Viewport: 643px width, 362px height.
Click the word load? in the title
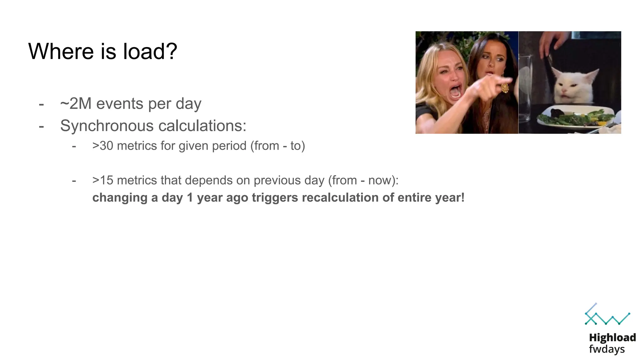(x=150, y=51)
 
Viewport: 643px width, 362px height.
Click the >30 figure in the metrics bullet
(x=103, y=146)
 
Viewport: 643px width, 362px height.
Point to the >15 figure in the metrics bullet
(x=103, y=180)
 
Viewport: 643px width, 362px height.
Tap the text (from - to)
(x=278, y=146)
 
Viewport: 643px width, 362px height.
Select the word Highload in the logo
(x=612, y=337)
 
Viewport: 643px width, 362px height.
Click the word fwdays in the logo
(x=607, y=349)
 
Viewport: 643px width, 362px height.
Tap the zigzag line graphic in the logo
(x=607, y=317)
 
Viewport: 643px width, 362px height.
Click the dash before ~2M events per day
(x=41, y=104)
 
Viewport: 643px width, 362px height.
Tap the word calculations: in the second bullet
(x=202, y=126)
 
